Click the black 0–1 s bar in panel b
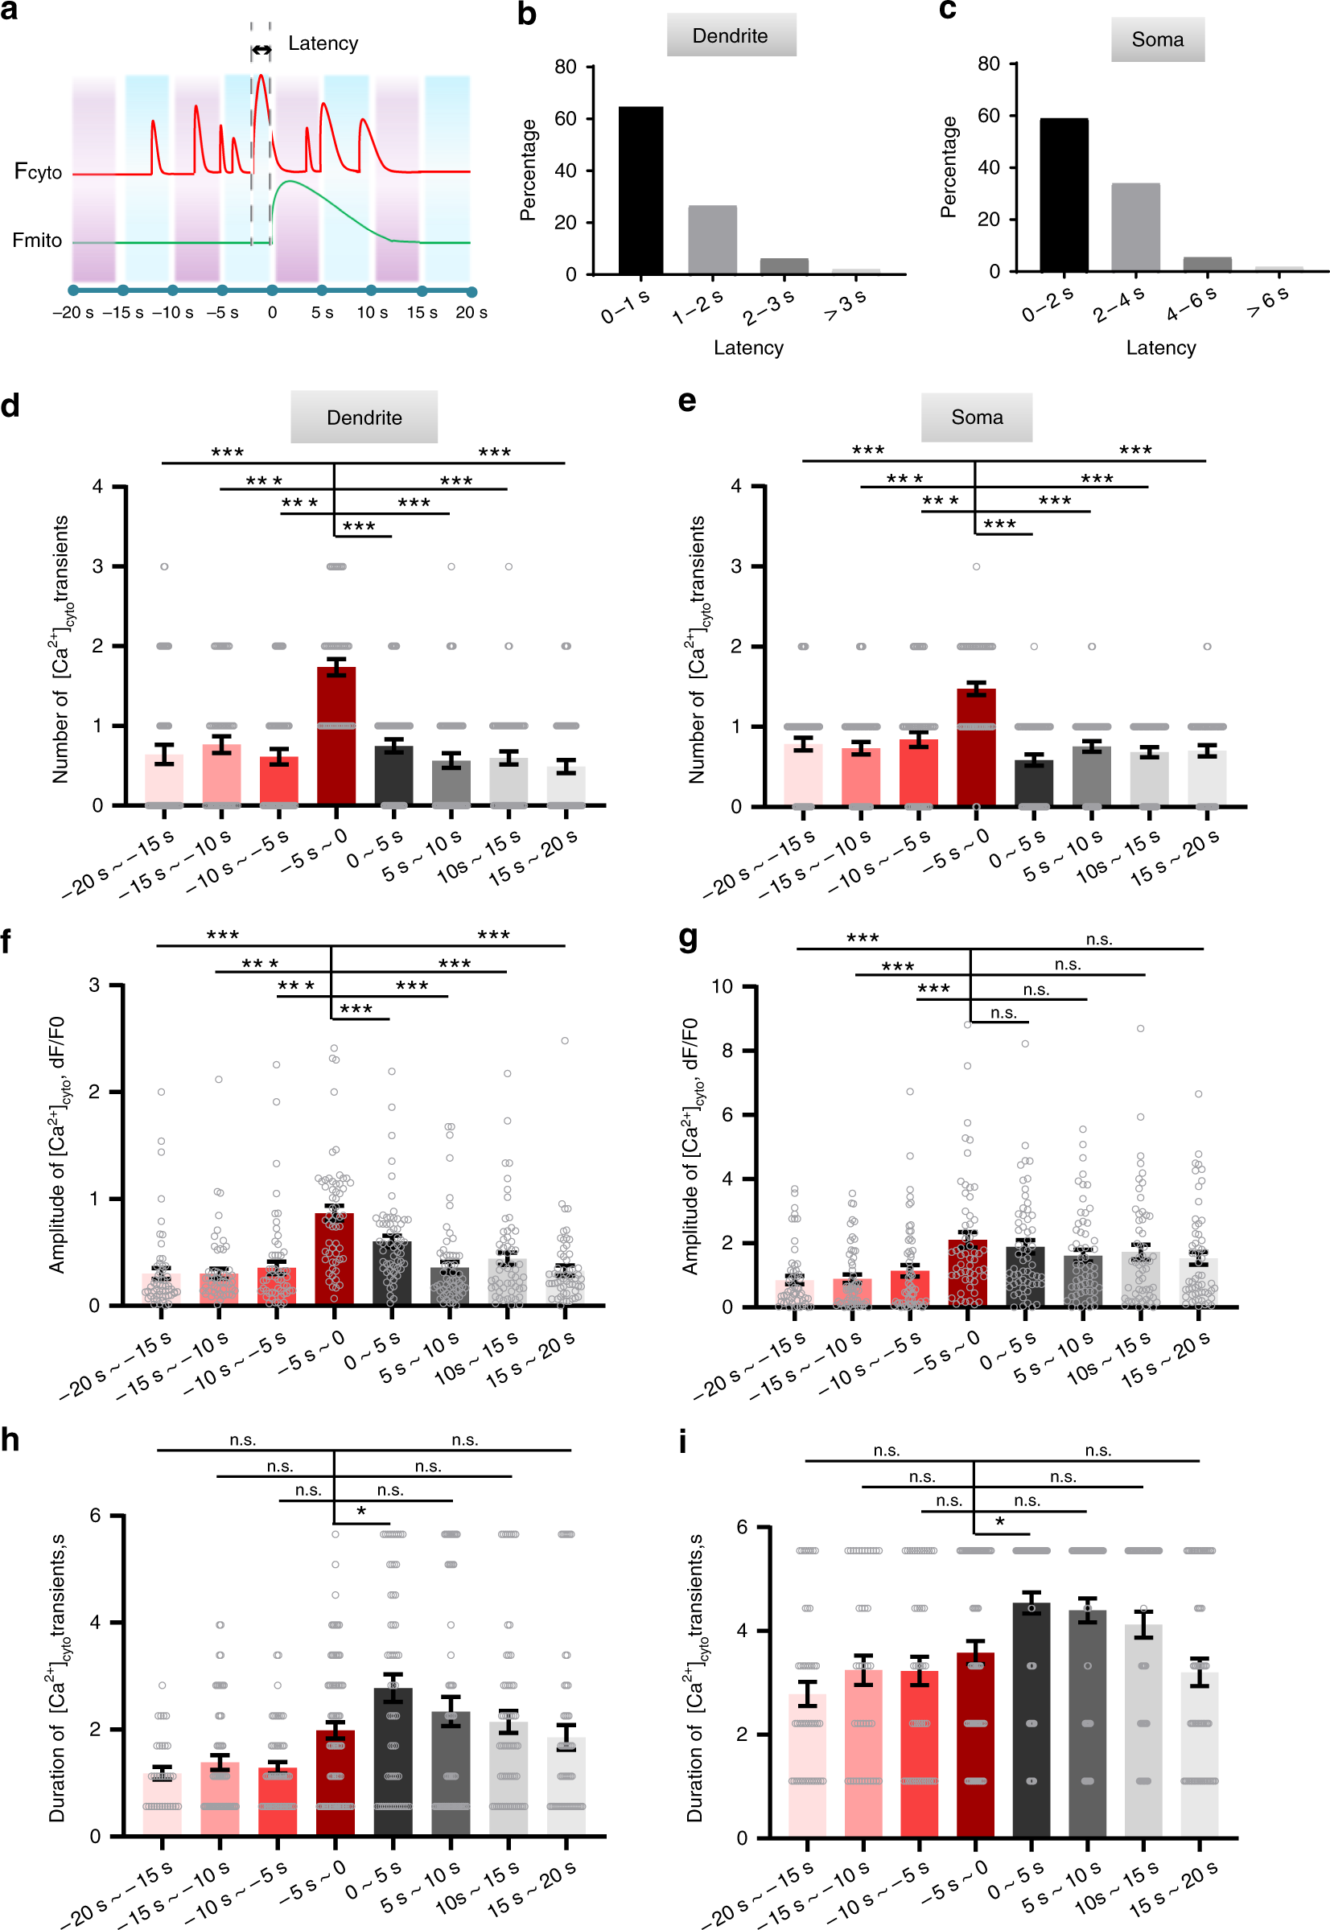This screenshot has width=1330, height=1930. (640, 190)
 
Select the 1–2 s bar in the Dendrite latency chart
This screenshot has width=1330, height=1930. (713, 240)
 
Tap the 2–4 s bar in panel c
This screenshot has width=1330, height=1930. (1135, 227)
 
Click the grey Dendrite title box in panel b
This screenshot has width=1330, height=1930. (731, 35)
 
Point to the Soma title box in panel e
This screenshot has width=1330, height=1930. (977, 417)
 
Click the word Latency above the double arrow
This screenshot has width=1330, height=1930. (323, 43)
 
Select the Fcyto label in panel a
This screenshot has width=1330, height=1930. (39, 171)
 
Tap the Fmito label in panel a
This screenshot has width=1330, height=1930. (37, 241)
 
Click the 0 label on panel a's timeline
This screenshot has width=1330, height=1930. (273, 312)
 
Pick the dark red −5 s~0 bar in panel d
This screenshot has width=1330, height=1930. (336, 736)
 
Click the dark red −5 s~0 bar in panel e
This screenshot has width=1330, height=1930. (977, 747)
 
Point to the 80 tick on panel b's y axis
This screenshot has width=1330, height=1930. (566, 67)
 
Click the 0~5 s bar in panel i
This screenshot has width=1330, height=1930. (1031, 1719)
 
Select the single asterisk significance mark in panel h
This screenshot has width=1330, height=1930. (360, 1512)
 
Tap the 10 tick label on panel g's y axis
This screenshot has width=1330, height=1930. (722, 986)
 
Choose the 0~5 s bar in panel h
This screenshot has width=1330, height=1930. (393, 1761)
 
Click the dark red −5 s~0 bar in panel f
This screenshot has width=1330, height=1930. (334, 1258)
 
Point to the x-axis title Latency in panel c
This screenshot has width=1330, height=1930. (1161, 348)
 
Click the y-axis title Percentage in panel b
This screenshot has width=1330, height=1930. (529, 170)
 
